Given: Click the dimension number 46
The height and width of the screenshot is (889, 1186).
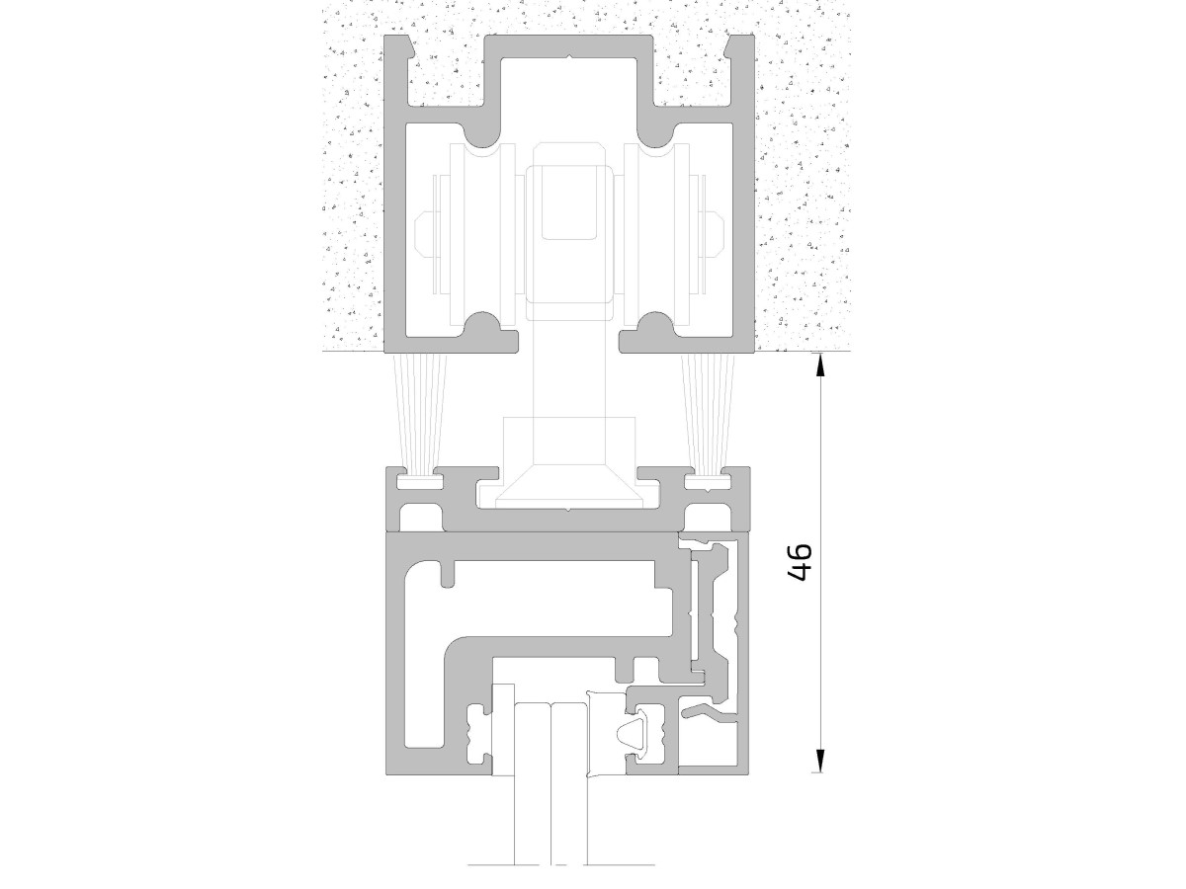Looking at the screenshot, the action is pos(800,562).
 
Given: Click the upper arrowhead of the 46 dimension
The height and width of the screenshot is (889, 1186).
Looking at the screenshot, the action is pos(819,364).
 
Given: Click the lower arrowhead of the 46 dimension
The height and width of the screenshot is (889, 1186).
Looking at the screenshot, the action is pos(819,761).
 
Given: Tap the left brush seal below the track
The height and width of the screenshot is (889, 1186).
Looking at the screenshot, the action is pos(421,414).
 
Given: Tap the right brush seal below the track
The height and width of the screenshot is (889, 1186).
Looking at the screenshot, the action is pos(709,414).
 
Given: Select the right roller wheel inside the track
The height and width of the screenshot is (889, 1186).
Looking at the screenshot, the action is pos(656,235).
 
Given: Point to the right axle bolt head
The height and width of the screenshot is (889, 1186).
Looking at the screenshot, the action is pos(715,235).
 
